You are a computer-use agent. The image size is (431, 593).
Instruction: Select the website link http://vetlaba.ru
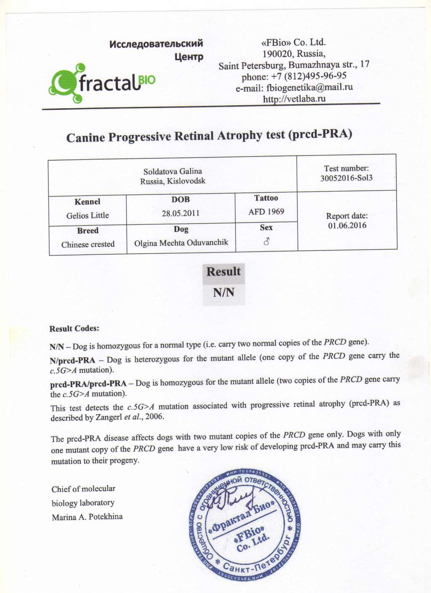coord(294,99)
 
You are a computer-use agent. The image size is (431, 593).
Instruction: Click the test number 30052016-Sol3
coord(346,178)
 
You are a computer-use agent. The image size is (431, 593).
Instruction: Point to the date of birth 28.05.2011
coord(181,213)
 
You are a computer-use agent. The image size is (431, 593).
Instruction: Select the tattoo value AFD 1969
coord(266,211)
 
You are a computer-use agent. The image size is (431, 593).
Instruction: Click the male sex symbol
coord(266,241)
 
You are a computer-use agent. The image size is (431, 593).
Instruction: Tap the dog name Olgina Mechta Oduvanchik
coord(181,243)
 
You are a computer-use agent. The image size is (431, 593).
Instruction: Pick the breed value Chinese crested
coord(88,244)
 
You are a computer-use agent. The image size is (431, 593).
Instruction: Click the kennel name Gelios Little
coord(88,215)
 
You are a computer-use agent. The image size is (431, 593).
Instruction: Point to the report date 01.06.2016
coord(347,225)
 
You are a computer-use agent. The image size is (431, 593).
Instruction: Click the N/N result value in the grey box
coord(223,292)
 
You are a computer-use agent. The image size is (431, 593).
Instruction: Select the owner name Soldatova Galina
coord(173,171)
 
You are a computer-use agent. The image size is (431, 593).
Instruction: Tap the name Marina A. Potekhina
coord(87,517)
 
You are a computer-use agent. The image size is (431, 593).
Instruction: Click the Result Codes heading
coord(74,328)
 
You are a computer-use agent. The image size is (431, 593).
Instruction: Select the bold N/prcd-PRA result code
coord(72,360)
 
